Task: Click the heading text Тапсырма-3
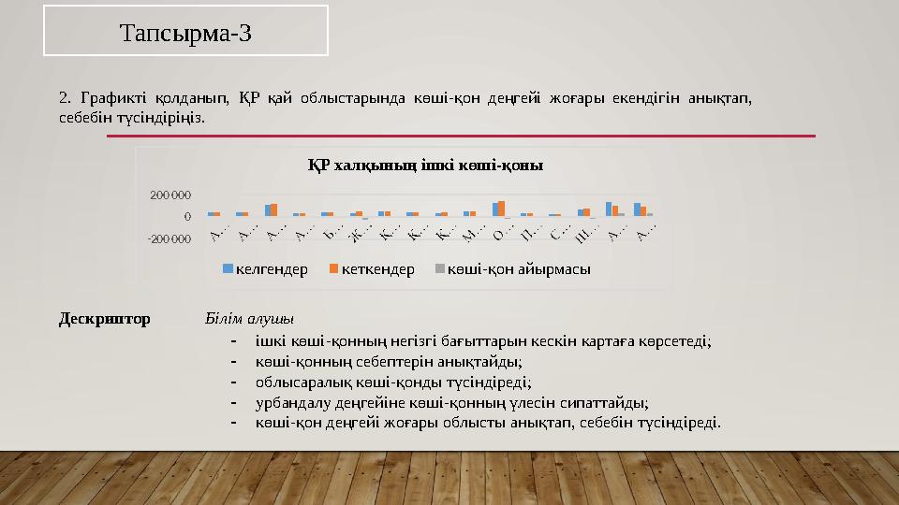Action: pos(185,34)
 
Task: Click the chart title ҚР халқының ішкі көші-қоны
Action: pos(426,166)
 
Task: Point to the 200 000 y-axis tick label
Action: pos(170,195)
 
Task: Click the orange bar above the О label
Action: pos(502,208)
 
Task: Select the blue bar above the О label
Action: pos(496,209)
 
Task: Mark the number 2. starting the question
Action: pos(65,97)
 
